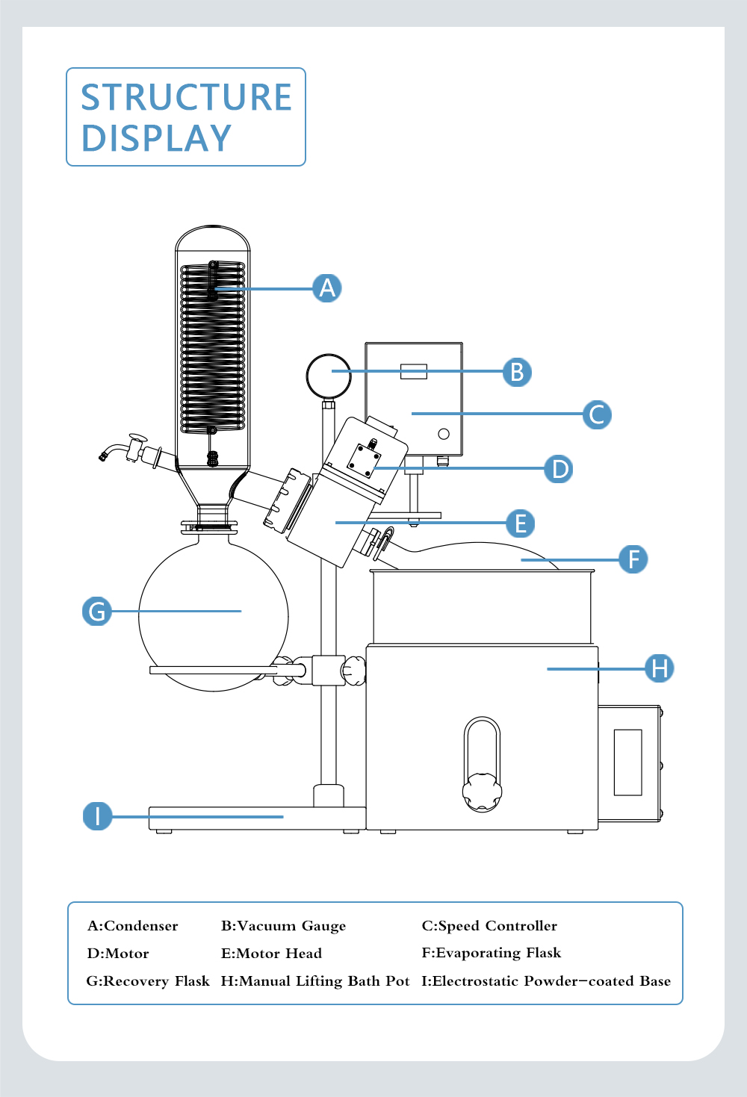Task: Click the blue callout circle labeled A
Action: tap(327, 288)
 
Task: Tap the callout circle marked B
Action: tap(517, 372)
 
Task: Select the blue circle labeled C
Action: tap(597, 414)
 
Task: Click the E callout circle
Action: tap(521, 523)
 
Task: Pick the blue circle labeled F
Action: tap(633, 559)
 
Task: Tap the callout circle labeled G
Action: tap(97, 611)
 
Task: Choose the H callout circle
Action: tap(660, 668)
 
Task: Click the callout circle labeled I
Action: tap(97, 815)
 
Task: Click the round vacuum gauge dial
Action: tap(329, 376)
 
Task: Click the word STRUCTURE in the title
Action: tap(186, 97)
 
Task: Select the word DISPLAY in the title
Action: tap(156, 138)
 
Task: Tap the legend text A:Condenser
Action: tap(133, 926)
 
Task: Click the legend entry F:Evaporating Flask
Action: tap(491, 953)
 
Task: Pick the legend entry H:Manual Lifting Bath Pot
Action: tap(314, 981)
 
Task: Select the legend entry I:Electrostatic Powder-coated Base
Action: tap(546, 981)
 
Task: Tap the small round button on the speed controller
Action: tap(444, 434)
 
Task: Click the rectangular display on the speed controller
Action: tap(413, 371)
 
